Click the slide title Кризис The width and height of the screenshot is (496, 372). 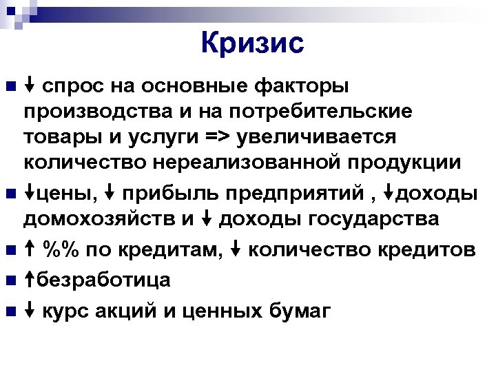point(252,43)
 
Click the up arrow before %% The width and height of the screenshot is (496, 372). point(30,249)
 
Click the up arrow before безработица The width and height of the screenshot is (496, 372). point(30,280)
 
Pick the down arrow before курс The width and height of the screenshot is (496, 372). point(30,311)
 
